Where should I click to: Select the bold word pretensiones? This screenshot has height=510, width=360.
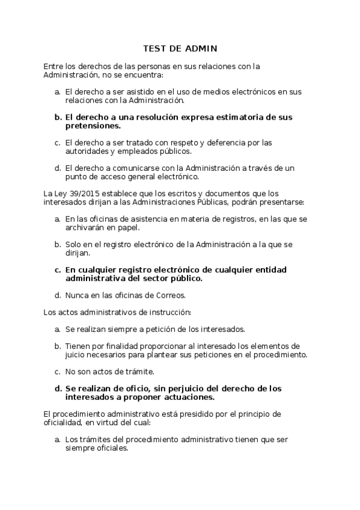93,126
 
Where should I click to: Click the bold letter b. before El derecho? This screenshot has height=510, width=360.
58,117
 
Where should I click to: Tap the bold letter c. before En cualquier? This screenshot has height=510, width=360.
58,270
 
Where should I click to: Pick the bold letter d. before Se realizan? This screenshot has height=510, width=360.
58,388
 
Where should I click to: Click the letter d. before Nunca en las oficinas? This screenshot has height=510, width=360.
58,295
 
